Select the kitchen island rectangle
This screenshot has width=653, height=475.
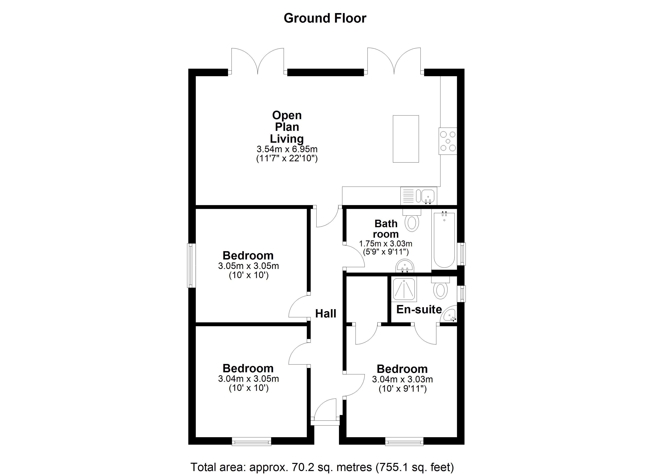pos(406,139)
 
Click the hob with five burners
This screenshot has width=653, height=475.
pos(448,141)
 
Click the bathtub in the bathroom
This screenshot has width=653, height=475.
pos(444,240)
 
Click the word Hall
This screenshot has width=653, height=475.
pos(326,314)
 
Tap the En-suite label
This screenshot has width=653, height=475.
pos(419,309)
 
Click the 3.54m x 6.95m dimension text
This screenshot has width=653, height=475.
pos(287,149)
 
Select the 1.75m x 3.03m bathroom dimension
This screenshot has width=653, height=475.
pos(385,244)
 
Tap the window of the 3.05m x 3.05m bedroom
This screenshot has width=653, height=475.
pos(192,265)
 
